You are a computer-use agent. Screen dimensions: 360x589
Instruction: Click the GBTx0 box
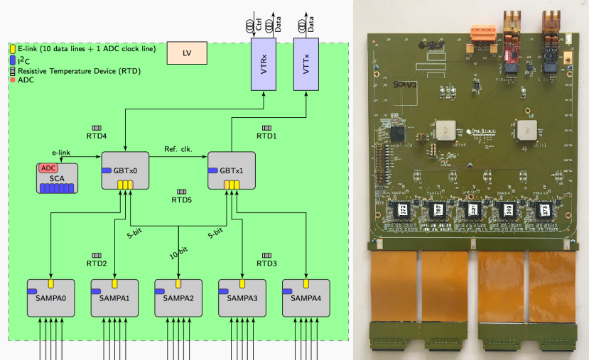125,171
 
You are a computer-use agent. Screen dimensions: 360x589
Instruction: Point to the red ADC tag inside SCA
48,168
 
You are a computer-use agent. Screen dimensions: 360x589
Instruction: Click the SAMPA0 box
50,298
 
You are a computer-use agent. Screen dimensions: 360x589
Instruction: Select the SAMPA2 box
178,298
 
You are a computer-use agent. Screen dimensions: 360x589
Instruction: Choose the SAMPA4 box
306,298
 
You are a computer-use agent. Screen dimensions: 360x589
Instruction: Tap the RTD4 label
97,136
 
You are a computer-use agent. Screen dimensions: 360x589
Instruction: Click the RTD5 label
182,200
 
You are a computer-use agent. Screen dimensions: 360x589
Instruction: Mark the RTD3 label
266,263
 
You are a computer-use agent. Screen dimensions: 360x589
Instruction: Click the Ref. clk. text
178,148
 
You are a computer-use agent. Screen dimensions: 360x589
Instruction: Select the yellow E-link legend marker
13,48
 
